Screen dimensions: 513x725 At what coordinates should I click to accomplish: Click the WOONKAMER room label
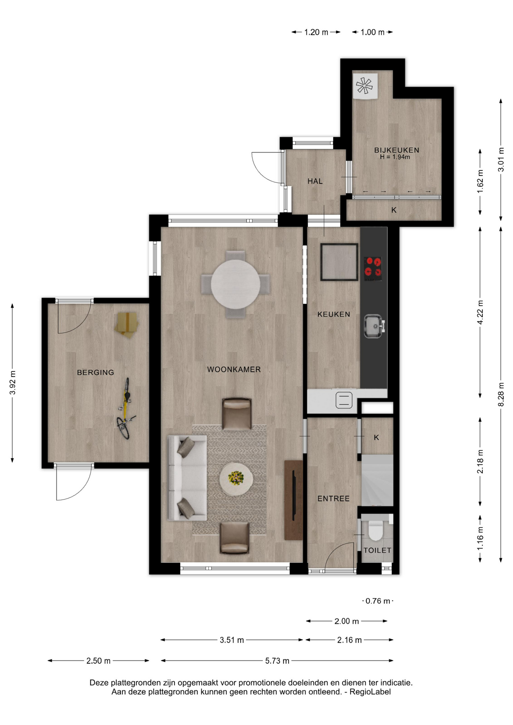pyautogui.click(x=234, y=369)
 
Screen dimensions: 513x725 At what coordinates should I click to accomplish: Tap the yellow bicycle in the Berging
pyautogui.click(x=126, y=409)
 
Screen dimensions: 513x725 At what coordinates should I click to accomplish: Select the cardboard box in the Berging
pyautogui.click(x=127, y=324)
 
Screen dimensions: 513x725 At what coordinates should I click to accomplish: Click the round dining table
pyautogui.click(x=235, y=284)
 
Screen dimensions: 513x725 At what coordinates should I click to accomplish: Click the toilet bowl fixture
pyautogui.click(x=375, y=531)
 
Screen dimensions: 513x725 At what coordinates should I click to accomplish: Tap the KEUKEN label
pyautogui.click(x=334, y=314)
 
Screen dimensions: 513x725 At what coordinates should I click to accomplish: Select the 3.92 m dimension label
pyautogui.click(x=12, y=383)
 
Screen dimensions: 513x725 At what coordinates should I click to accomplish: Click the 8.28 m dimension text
pyautogui.click(x=501, y=395)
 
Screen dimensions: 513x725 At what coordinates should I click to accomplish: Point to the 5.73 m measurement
pyautogui.click(x=277, y=661)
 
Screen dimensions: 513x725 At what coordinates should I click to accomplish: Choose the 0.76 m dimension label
pyautogui.click(x=378, y=601)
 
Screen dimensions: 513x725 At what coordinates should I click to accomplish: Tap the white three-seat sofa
pyautogui.click(x=187, y=478)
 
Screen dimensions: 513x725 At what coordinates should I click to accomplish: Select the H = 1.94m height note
pyautogui.click(x=395, y=157)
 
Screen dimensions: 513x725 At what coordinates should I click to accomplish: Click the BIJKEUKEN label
pyautogui.click(x=397, y=150)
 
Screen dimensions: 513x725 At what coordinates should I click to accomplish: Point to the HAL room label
pyautogui.click(x=315, y=181)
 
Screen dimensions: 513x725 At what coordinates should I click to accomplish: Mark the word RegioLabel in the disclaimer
pyautogui.click(x=370, y=692)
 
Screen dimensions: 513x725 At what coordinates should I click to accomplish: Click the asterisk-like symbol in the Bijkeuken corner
pyautogui.click(x=365, y=85)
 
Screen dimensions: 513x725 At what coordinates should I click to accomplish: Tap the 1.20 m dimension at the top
pyautogui.click(x=316, y=32)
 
